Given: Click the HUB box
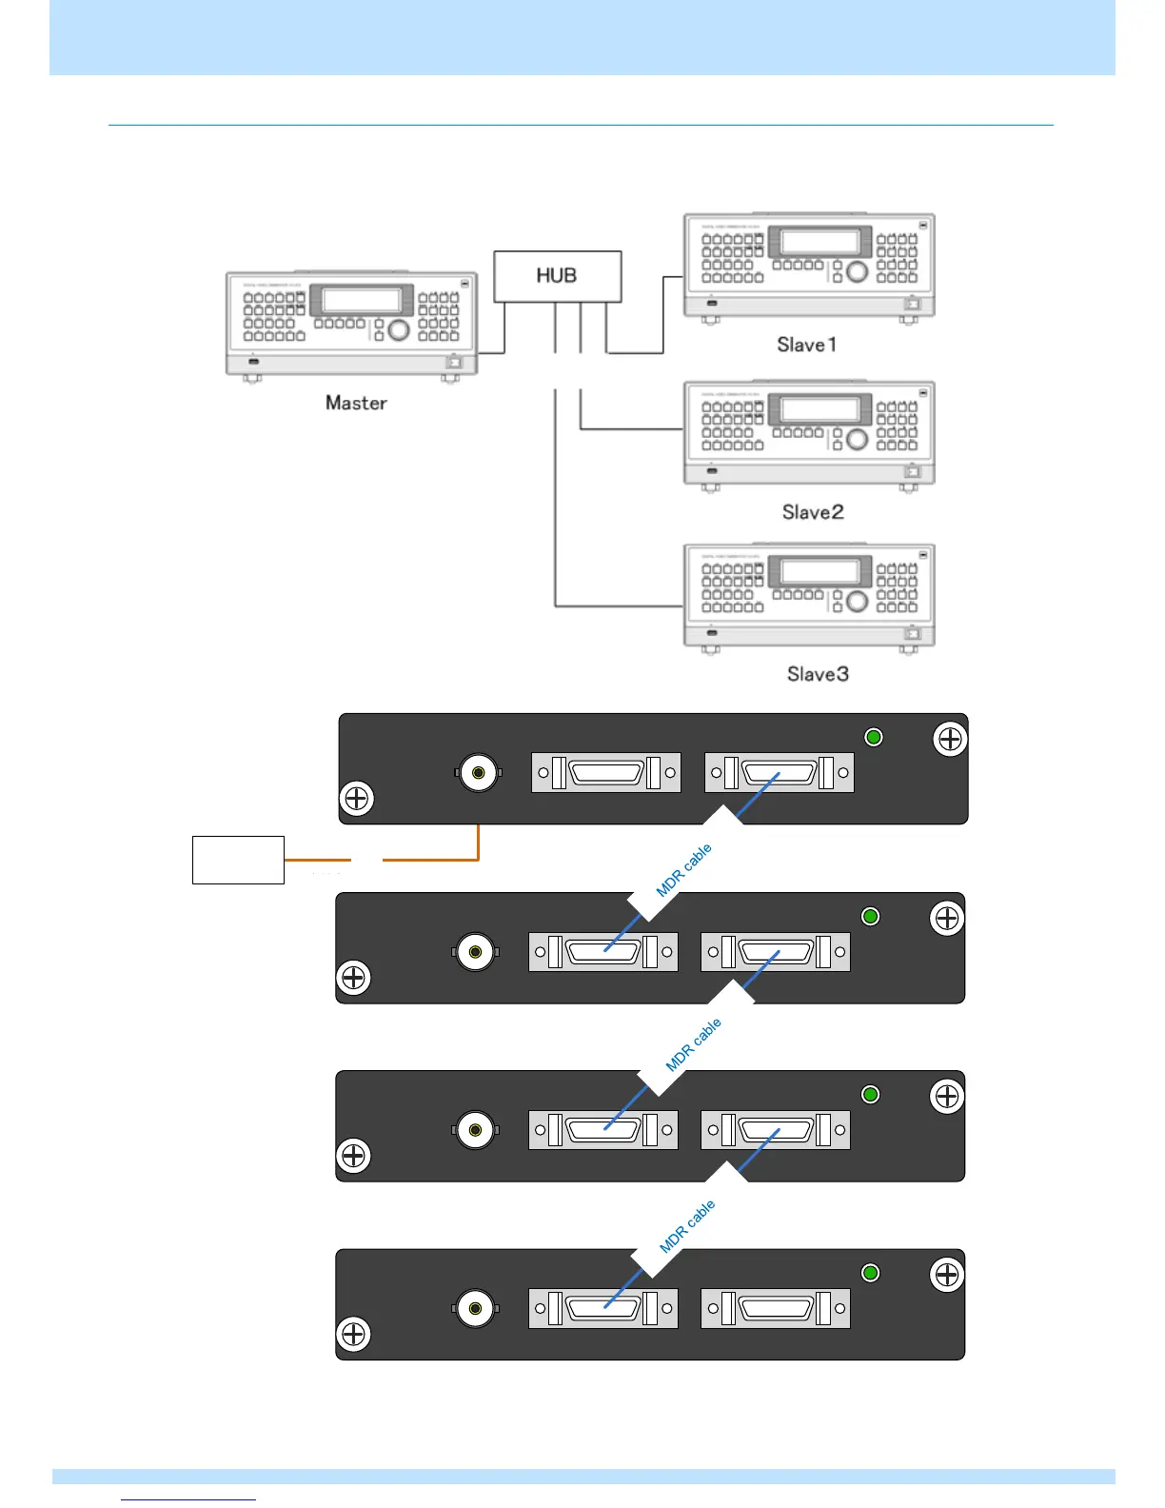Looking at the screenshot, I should tap(557, 276).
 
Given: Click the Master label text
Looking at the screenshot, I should tap(356, 403).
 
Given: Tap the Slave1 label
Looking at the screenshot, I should tap(807, 345).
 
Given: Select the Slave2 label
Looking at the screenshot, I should tap(813, 512).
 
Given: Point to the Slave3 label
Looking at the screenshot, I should tap(818, 674).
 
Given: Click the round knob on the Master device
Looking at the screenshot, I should tap(399, 329).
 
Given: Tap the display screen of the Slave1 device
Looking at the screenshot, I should tap(819, 242).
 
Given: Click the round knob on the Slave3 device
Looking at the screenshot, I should tap(857, 601).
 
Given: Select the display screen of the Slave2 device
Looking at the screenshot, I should tap(819, 409).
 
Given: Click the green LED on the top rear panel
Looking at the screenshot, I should tap(874, 737).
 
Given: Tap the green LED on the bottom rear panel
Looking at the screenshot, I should tap(870, 1273).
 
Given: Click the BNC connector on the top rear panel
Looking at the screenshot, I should tap(478, 773).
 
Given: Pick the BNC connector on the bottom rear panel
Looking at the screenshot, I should tap(474, 1308).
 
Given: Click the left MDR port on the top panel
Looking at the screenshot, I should tap(606, 773).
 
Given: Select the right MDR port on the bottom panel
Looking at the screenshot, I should tap(776, 1308).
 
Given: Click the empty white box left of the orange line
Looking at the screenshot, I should tap(238, 860).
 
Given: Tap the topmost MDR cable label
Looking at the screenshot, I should tap(683, 870).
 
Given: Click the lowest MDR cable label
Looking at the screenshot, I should tap(687, 1227).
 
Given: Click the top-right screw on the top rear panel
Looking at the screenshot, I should tap(950, 739).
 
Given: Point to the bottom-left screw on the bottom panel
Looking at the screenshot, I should tap(353, 1335).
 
